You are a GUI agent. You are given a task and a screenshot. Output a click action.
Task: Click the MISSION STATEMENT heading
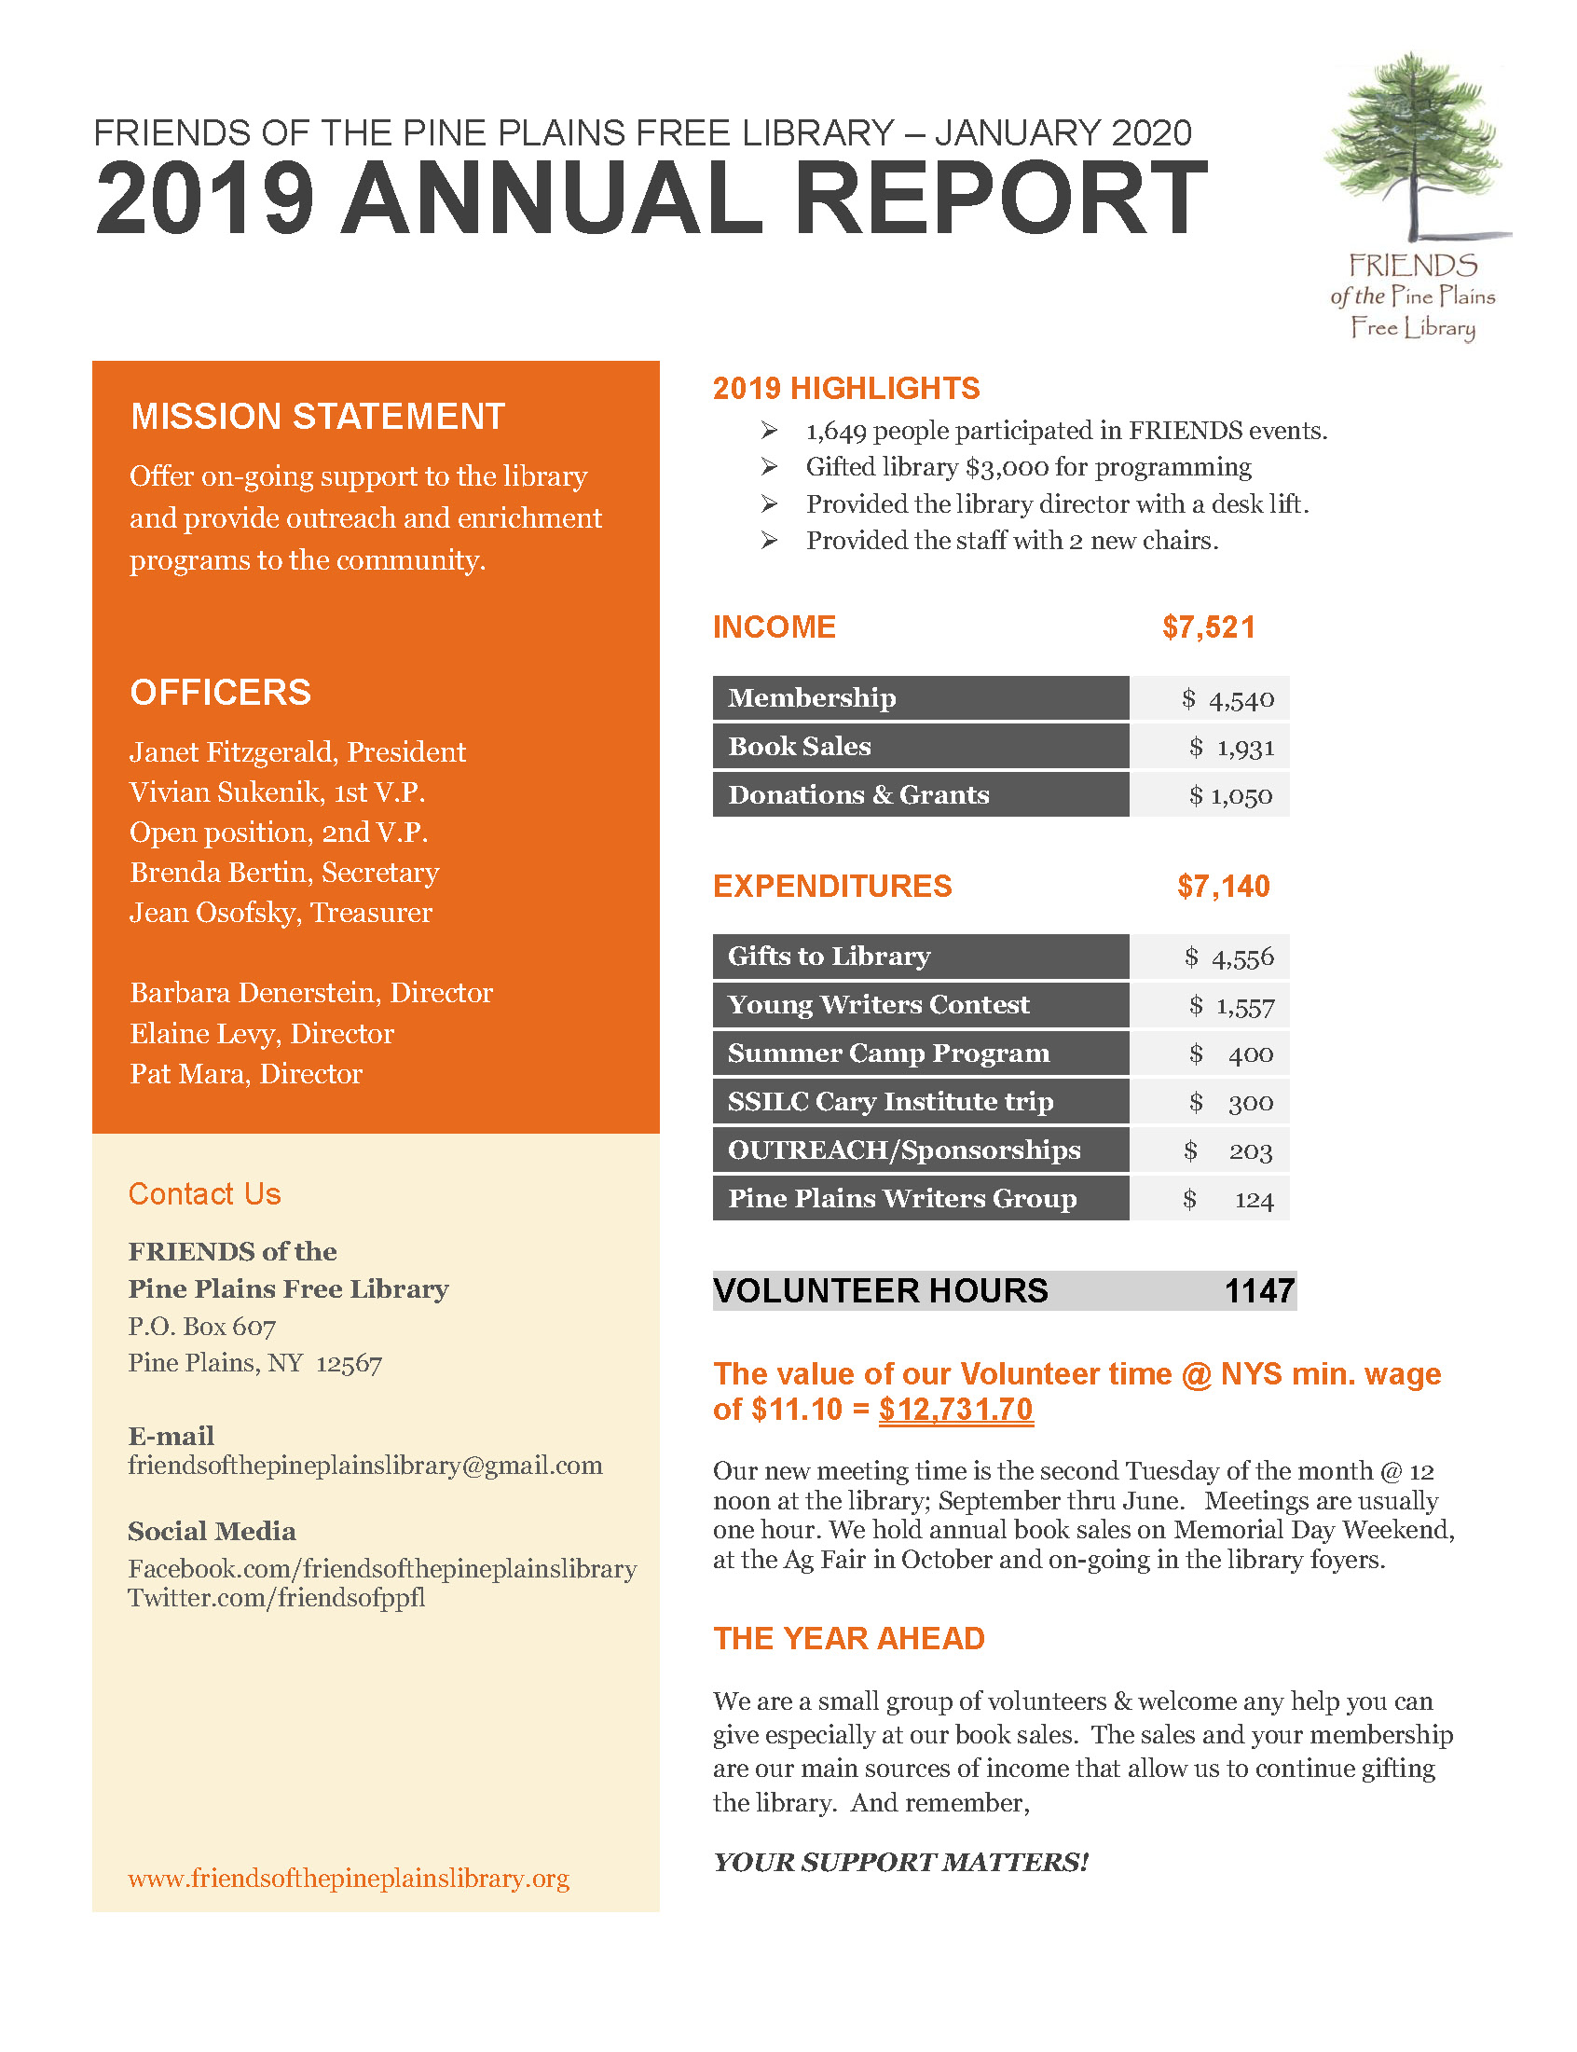[x=317, y=417]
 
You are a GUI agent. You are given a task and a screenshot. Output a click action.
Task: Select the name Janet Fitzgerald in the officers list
[x=235, y=751]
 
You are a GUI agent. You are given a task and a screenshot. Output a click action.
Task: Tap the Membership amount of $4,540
[x=1228, y=699]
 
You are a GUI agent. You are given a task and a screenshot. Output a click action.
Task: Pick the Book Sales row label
[x=800, y=746]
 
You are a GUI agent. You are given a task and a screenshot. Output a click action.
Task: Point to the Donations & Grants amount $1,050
[x=1230, y=796]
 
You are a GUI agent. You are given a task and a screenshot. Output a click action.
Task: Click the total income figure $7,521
[x=1208, y=627]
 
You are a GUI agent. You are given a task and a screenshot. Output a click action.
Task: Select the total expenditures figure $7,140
[x=1223, y=886]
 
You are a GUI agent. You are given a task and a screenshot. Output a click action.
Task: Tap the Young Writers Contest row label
[x=879, y=1005]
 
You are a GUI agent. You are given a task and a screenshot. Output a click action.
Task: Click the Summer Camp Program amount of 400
[x=1251, y=1054]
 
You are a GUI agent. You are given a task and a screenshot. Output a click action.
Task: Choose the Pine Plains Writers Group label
[x=902, y=1199]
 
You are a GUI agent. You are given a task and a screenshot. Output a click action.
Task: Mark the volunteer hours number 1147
[x=1259, y=1290]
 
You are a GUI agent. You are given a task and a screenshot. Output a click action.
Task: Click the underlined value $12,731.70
[x=955, y=1409]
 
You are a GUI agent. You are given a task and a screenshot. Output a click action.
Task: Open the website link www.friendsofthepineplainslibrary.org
[x=349, y=1878]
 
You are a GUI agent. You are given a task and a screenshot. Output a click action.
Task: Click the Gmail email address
[x=365, y=1466]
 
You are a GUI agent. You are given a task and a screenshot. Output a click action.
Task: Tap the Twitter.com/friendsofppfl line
[x=276, y=1598]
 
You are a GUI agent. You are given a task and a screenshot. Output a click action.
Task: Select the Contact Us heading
[x=205, y=1194]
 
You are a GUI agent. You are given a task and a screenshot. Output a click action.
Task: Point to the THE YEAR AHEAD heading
[x=848, y=1639]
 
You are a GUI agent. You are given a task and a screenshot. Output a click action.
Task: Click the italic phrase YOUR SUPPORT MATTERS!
[x=900, y=1863]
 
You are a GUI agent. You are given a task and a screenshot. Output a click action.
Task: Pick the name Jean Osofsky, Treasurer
[x=281, y=913]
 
